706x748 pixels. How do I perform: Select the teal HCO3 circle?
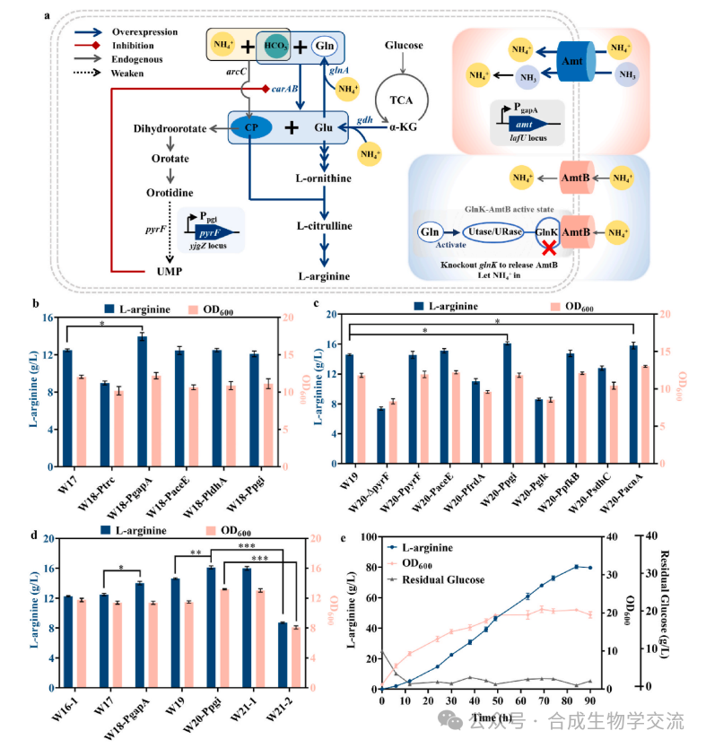[275, 46]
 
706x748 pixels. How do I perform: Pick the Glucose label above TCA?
[403, 45]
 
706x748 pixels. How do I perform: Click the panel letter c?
[318, 305]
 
